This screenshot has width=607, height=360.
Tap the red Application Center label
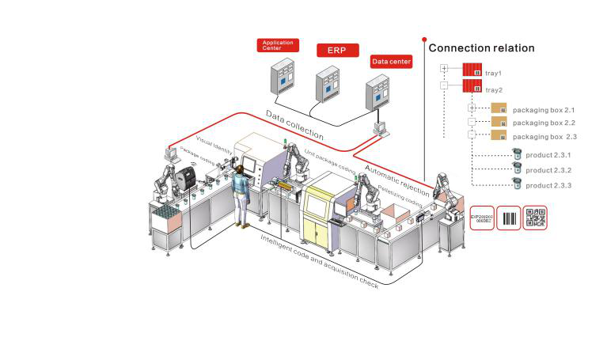point(277,45)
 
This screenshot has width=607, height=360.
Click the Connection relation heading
point(481,48)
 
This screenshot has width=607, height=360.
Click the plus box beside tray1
point(444,70)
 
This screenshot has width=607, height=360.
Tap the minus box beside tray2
point(444,86)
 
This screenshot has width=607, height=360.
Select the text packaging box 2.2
point(544,123)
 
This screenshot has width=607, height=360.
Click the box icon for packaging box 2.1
point(499,108)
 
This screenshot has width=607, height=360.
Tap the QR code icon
point(536,218)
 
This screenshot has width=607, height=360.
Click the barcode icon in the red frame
point(508,218)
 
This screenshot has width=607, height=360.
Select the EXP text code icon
point(481,218)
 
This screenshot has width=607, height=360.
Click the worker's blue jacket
point(241,187)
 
